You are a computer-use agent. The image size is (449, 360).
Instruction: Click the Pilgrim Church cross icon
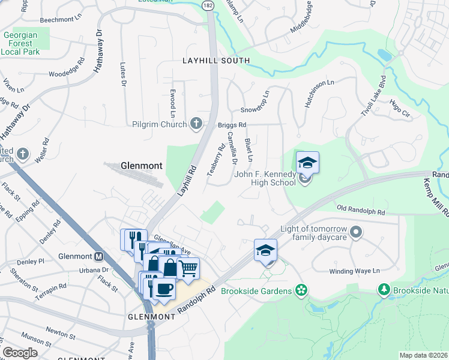tap(196, 124)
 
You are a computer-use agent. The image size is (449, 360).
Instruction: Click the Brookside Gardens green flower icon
tap(301, 291)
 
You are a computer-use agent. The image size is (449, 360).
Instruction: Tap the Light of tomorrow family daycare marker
tap(356, 231)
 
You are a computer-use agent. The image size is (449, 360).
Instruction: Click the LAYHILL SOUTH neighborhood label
tap(216, 61)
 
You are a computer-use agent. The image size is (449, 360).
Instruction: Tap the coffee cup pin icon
tap(163, 289)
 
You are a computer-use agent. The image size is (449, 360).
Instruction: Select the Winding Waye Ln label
tap(355, 271)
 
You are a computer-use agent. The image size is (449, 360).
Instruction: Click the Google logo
tap(20, 353)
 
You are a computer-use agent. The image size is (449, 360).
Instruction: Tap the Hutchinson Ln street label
tap(319, 93)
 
